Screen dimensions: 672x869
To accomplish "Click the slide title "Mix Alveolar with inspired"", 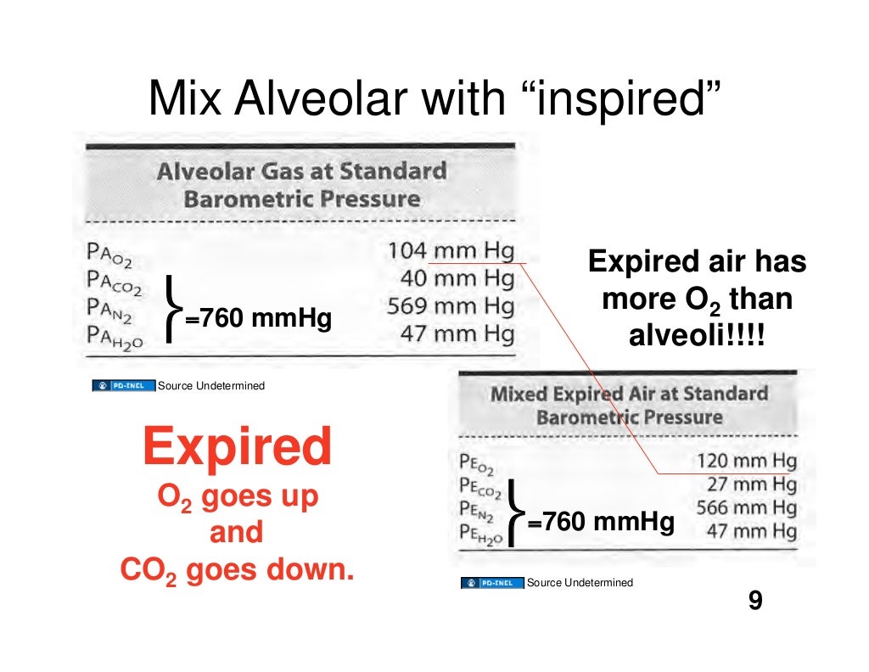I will coord(434,98).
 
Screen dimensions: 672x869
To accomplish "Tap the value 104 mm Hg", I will coord(451,252).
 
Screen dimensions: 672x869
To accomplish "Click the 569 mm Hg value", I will coord(451,306).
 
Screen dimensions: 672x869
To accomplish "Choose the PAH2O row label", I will coord(115,336).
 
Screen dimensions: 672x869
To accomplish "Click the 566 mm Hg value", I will coord(746,509).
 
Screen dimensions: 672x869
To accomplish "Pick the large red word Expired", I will coord(237,446).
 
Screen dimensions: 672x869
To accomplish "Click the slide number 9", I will coord(754,602).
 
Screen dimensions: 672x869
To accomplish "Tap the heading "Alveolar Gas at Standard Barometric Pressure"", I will coord(302,185).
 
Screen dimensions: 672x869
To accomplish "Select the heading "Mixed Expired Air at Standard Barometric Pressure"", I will coord(629,406).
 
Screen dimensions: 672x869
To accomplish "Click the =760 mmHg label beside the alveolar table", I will coord(257,320).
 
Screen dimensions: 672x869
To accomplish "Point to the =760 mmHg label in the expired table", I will coord(600,522).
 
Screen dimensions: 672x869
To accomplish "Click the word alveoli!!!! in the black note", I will coord(696,337).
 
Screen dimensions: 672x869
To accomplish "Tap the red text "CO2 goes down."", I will coord(237,569).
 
